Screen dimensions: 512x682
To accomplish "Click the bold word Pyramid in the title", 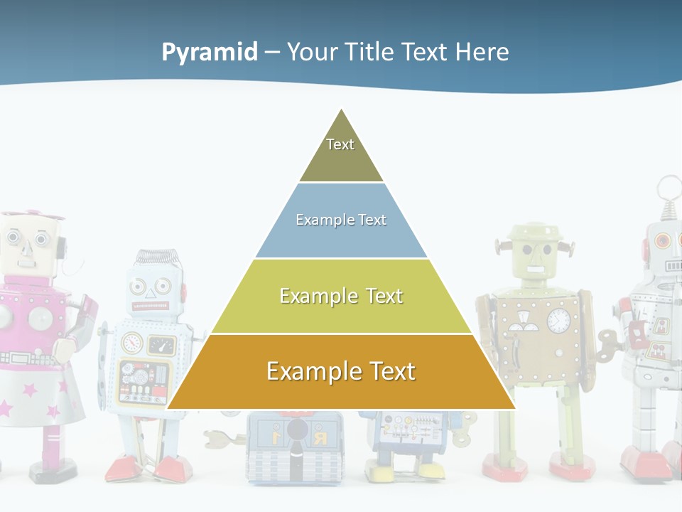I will coord(210,52).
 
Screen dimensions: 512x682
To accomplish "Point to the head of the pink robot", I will coord(28,242).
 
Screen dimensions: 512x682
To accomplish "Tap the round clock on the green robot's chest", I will coord(559,320).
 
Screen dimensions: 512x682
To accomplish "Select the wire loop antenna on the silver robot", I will coord(668,191).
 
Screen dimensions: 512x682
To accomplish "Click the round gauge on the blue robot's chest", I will coord(132,344).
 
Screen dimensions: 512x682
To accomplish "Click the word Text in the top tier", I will coord(340,144).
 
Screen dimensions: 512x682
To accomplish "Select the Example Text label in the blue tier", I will coord(341,220).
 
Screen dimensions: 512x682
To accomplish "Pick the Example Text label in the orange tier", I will coord(341,371).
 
